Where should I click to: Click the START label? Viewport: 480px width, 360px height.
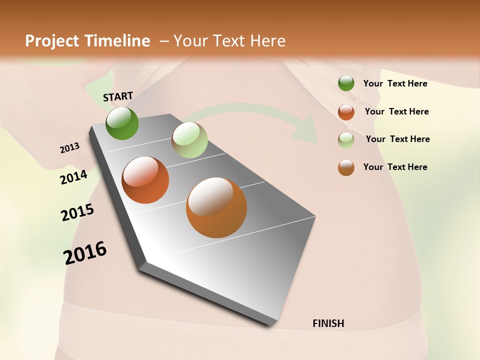[118, 96]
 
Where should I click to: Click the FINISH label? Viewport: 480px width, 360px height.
[328, 323]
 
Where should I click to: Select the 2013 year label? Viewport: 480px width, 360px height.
[70, 148]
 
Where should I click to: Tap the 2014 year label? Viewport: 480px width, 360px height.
[73, 177]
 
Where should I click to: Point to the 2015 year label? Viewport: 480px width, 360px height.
[77, 212]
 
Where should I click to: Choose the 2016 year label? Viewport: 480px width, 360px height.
[85, 253]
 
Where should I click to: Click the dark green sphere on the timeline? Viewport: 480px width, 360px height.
[122, 123]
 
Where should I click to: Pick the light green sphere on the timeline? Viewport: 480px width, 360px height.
[189, 140]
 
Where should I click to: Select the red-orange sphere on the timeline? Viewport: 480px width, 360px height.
[145, 180]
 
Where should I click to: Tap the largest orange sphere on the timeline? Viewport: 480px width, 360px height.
[216, 207]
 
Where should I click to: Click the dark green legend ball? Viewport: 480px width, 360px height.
[346, 83]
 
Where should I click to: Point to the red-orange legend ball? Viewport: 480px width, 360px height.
[346, 112]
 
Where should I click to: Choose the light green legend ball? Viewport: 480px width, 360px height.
[346, 140]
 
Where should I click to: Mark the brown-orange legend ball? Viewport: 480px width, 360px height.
[346, 167]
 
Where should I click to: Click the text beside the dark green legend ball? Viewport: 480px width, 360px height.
[395, 83]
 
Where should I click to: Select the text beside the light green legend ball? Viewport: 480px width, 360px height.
[397, 139]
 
